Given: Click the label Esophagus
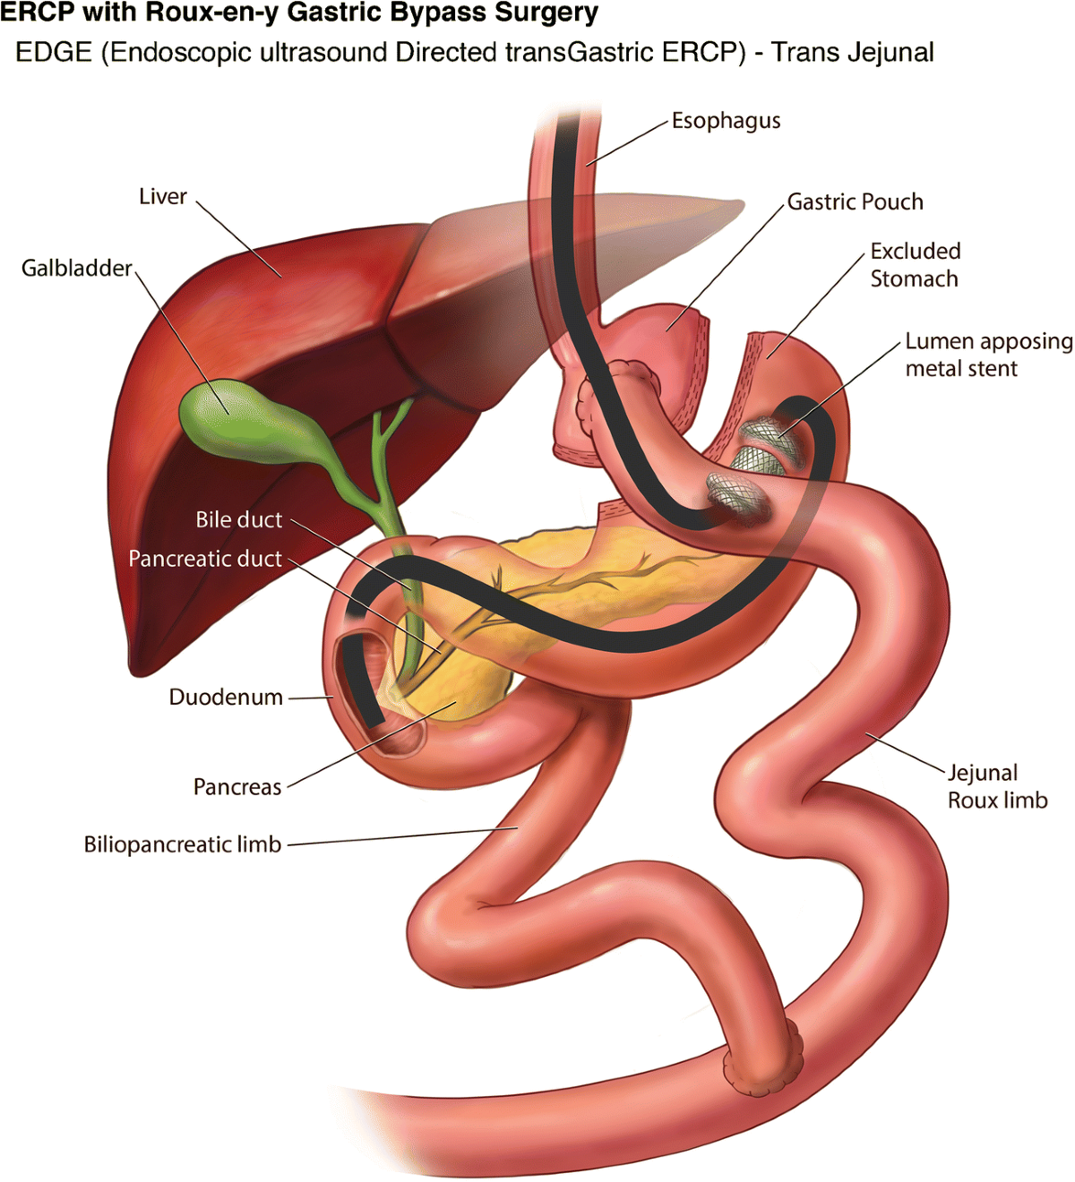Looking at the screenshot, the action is click(726, 121).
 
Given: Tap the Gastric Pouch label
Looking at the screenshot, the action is click(855, 202).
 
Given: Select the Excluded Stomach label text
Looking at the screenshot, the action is click(915, 265).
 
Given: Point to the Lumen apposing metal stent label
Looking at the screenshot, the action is click(987, 355).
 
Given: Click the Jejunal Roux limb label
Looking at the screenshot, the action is click(997, 786).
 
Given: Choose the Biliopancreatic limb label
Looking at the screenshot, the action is click(183, 844).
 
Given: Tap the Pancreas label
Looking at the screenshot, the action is click(237, 787).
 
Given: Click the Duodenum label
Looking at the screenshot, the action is click(226, 697).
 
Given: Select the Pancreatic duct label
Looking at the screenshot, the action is click(205, 559).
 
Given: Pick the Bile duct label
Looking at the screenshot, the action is click(239, 519).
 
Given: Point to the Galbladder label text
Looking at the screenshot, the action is click(77, 268).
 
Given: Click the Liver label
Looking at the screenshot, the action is click(163, 196).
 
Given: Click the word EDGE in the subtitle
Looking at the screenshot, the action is click(54, 52).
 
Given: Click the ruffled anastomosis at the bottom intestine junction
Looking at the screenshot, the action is click(761, 1057).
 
